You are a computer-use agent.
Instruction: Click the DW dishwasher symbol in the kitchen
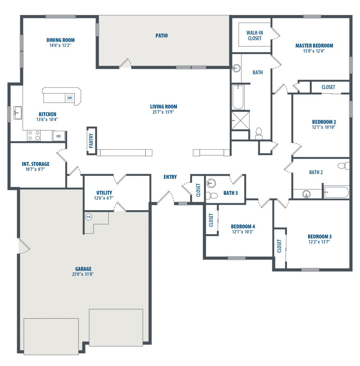[70, 98]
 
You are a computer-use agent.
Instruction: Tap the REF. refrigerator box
[59, 136]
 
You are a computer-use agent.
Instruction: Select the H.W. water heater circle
[89, 217]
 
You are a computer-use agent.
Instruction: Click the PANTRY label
[91, 140]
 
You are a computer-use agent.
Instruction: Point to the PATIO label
[161, 35]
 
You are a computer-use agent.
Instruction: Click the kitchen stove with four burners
[34, 135]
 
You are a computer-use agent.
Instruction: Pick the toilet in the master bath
[258, 133]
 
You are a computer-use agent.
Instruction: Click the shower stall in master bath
[240, 120]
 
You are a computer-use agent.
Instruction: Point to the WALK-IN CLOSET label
[254, 35]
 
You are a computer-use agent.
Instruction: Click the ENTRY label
[170, 177]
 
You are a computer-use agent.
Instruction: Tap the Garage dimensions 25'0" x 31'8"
[83, 274]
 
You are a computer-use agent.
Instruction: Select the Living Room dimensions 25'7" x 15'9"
[163, 112]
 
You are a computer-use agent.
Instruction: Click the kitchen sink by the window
[18, 113]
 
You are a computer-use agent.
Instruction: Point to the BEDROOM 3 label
[320, 237]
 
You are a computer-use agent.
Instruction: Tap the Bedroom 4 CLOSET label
[211, 220]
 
